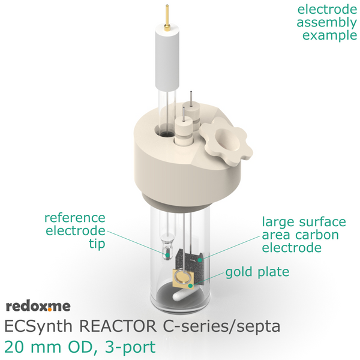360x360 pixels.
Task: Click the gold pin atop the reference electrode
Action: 167,17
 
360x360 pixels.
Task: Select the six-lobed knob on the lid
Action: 226,141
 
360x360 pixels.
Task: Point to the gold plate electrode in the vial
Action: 183,278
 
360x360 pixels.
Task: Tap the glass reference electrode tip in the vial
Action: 167,248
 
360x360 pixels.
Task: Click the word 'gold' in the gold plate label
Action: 239,272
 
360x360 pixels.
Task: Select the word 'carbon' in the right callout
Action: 317,235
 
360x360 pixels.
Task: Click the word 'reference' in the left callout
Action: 75,218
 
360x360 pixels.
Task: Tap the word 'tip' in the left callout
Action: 97,244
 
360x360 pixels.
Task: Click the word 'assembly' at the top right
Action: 327,23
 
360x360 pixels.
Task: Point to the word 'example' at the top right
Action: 329,35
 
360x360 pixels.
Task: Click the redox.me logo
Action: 38,307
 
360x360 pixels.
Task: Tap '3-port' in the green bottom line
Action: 130,347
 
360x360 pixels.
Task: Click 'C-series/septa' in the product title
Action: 221,326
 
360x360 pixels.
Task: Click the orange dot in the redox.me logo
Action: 50,310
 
